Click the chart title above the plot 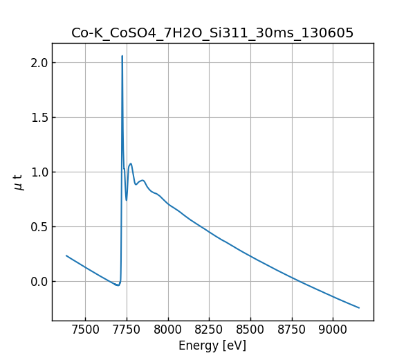click(212, 33)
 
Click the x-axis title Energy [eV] click(212, 345)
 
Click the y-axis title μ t click(19, 182)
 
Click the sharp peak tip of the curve click(122, 56)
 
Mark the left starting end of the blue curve click(66, 255)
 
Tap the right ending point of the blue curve click(359, 307)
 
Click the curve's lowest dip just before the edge click(118, 285)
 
